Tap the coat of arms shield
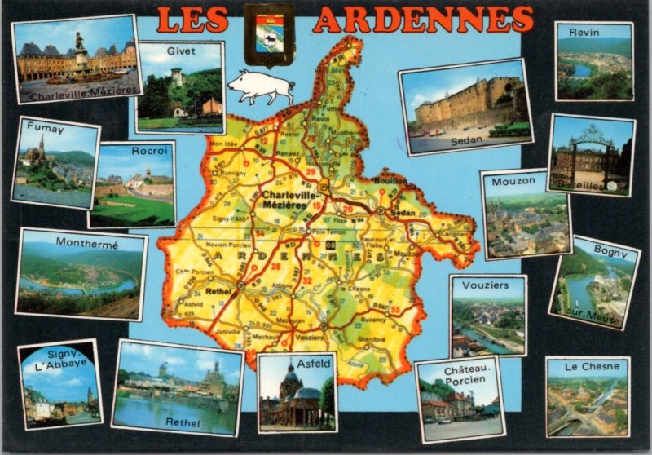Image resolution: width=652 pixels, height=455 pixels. coord(269,34)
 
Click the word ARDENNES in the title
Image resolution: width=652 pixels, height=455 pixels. coord(423,20)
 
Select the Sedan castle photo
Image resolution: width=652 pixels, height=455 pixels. coord(465,106)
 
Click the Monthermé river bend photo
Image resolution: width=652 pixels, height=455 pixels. coord(81,277)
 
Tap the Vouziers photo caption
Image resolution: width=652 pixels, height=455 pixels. coord(485,285)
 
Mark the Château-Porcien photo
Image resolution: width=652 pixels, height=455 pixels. coord(460,400)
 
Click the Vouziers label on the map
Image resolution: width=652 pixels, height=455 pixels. coord(310,338)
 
